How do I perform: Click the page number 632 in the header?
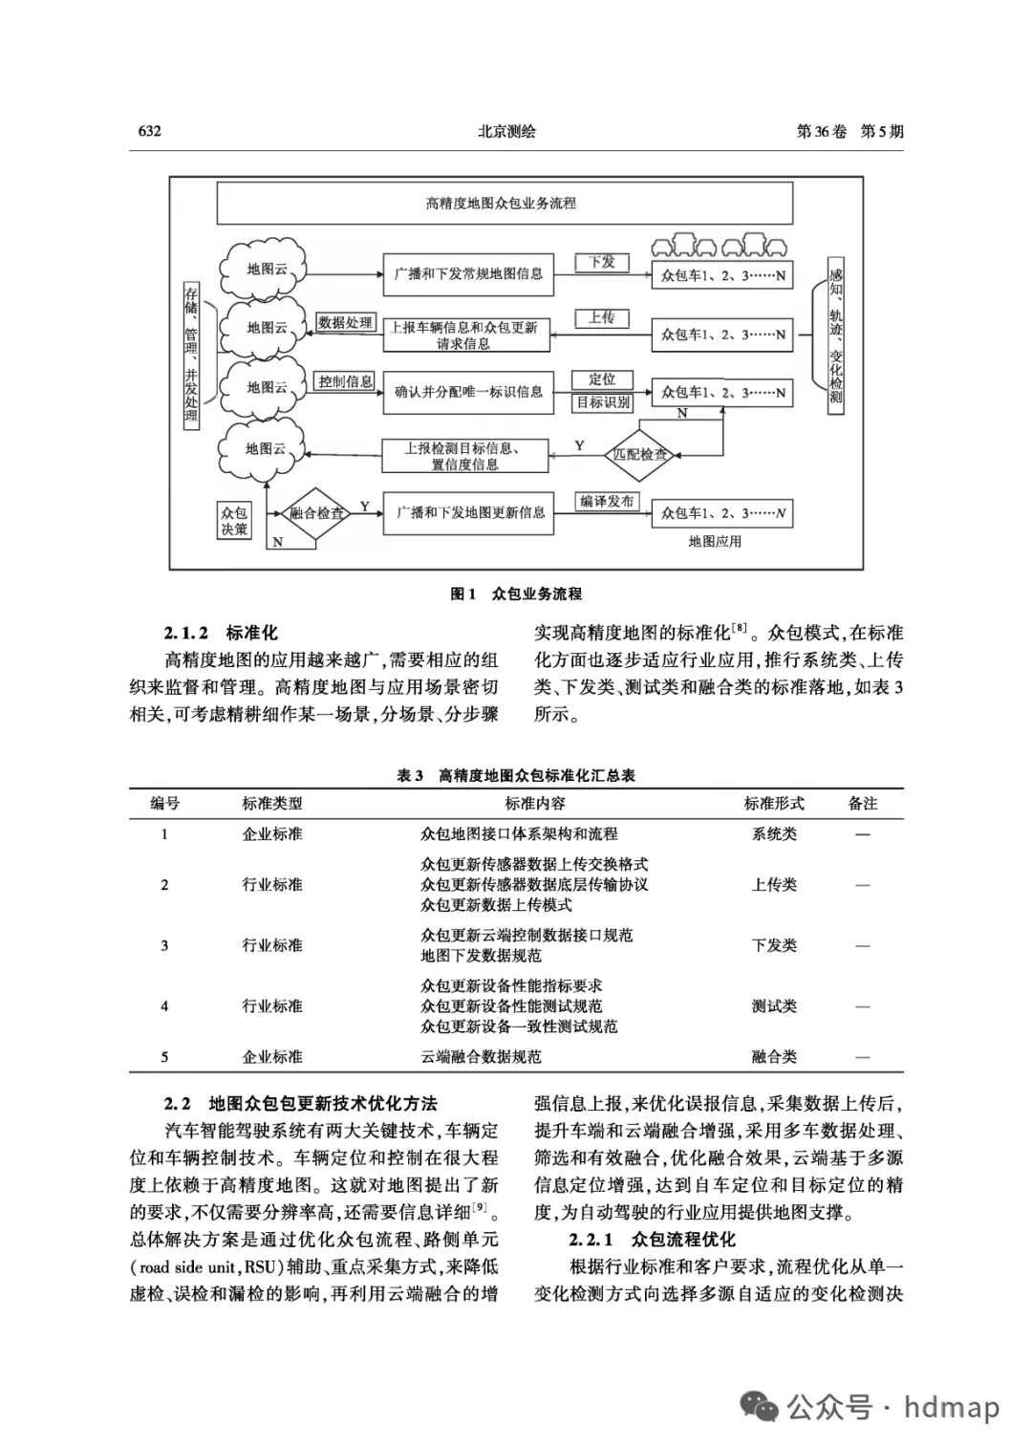point(149,132)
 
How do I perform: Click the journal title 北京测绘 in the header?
point(506,132)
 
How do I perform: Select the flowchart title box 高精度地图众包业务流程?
point(504,203)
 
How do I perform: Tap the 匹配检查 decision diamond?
point(640,454)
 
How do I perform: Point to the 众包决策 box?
point(234,521)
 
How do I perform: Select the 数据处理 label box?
point(346,323)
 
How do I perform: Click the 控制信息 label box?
point(346,381)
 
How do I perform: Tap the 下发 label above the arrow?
point(601,262)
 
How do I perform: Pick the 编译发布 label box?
point(607,501)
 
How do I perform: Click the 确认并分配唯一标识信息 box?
point(468,392)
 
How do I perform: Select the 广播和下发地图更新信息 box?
point(470,513)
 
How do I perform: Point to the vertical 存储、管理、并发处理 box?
point(191,355)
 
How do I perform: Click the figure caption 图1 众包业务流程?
point(516,594)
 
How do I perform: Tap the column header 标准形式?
point(774,804)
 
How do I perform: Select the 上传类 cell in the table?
point(774,885)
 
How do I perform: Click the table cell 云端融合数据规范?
point(482,1057)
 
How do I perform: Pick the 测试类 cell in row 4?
point(774,1006)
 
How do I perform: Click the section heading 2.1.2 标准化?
point(221,633)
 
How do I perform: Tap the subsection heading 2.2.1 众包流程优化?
point(652,1240)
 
